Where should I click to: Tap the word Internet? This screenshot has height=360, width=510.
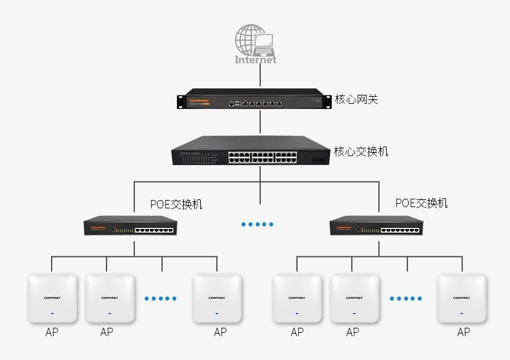pyautogui.click(x=256, y=59)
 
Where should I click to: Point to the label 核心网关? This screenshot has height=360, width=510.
pyautogui.click(x=356, y=100)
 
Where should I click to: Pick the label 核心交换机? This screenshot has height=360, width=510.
pyautogui.click(x=361, y=152)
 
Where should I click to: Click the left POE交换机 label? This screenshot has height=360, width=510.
pyautogui.click(x=176, y=204)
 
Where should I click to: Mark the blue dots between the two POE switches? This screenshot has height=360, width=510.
pyautogui.click(x=258, y=224)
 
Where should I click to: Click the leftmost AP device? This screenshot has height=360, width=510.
pyautogui.click(x=52, y=299)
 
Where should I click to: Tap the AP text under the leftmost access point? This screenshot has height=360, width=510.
pyautogui.click(x=52, y=332)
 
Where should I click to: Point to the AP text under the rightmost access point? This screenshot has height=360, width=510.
pyautogui.click(x=464, y=332)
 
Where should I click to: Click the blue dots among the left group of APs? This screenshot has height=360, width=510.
pyautogui.click(x=161, y=298)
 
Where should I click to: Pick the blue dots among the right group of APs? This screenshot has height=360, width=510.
pyautogui.click(x=405, y=298)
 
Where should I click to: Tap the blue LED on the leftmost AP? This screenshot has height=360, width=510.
pyautogui.click(x=52, y=314)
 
